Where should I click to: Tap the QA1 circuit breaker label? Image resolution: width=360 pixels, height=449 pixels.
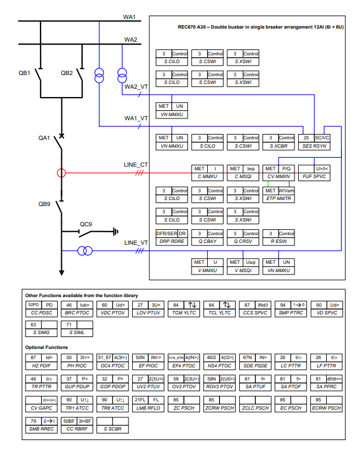[45, 138]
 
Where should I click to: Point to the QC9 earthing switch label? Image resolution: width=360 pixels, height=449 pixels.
[86, 224]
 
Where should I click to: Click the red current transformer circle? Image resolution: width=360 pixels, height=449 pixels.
[61, 173]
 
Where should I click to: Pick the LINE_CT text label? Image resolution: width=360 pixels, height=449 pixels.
[135, 164]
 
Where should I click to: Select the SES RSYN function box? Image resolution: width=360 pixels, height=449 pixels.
[315, 141]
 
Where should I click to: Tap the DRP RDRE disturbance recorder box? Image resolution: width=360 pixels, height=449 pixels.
[171, 237]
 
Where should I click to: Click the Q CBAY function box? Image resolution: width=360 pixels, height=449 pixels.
[207, 237]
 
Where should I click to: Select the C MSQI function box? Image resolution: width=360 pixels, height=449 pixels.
[243, 172]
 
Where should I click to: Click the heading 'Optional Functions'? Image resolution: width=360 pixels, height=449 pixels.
[46, 347]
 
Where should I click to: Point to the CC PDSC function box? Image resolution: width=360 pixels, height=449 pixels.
[42, 308]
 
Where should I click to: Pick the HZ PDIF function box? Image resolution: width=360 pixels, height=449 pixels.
[42, 361]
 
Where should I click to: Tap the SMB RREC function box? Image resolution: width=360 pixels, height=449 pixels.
[42, 424]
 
